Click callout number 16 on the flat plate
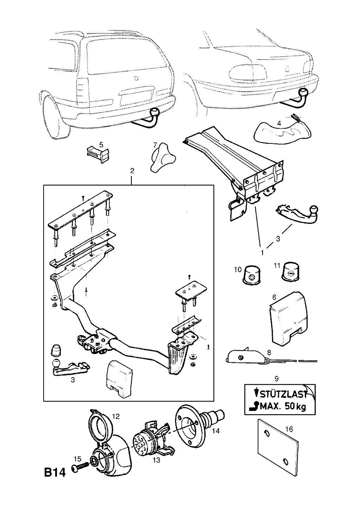(x=289, y=429)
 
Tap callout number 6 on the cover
(x=274, y=297)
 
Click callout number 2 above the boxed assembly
(x=132, y=171)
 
